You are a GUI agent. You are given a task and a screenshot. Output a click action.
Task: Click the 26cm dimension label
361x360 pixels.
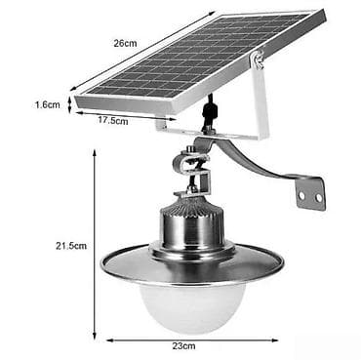tap(125, 43)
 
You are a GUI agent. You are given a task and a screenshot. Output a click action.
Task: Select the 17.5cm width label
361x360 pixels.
tap(113, 121)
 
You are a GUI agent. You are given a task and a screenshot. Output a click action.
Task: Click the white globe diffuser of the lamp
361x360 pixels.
tap(190, 302)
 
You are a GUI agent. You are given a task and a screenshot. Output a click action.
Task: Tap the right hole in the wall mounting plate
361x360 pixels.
tap(316, 196)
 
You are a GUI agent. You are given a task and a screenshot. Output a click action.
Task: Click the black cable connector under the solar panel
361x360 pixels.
tap(208, 114)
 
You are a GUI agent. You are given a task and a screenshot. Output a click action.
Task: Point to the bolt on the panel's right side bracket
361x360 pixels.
tap(259, 61)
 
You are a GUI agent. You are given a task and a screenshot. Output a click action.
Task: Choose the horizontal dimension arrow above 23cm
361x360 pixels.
tap(191, 339)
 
